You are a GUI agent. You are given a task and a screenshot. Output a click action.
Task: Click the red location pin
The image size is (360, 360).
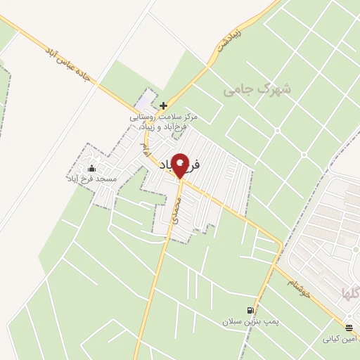pos(181,165)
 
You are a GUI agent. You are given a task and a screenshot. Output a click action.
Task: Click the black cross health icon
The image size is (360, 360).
pos(164,105)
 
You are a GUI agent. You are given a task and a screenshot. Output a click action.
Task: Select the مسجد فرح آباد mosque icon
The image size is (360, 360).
pos(91,169)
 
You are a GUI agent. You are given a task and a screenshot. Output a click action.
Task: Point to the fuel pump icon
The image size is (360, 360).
pos(250,310)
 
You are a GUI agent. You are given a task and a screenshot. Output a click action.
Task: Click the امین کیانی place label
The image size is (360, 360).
pos(340,340)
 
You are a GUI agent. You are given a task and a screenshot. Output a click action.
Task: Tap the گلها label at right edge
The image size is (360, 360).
pos(349,293)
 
